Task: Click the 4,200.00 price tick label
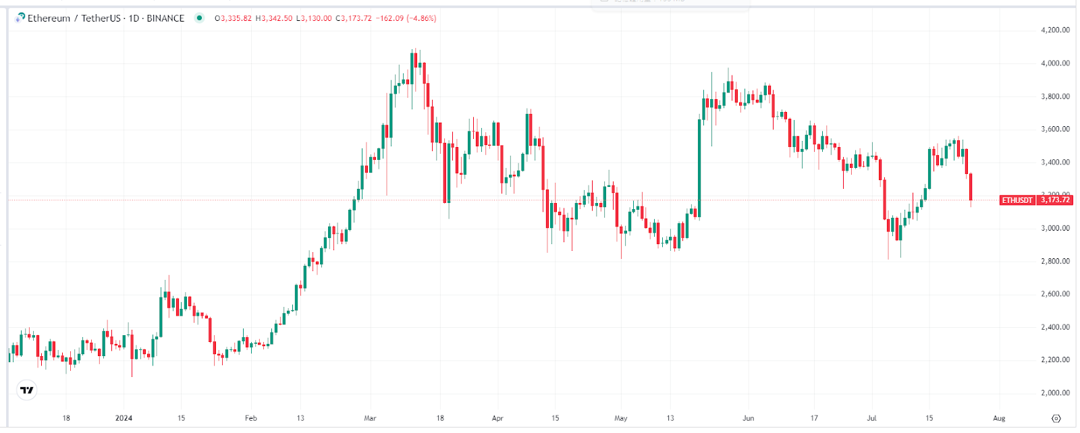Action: pos(1055,30)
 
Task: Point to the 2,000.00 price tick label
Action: pos(1055,393)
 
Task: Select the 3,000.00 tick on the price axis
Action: pos(1055,228)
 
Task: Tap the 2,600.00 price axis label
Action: pos(1055,294)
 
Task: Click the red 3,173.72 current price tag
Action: pos(1055,200)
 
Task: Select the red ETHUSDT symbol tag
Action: pos(1017,200)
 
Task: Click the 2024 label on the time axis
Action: pos(124,418)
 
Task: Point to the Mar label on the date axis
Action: pos(370,418)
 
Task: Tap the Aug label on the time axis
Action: pos(999,418)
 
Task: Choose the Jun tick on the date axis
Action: pos(748,418)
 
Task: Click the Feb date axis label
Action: pos(250,418)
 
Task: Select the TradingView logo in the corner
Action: pos(26,390)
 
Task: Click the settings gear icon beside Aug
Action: pos(1056,418)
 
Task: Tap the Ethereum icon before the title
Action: pos(20,18)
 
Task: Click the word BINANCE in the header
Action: pos(165,18)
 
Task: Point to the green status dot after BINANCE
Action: pos(199,18)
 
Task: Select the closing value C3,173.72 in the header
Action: pos(354,18)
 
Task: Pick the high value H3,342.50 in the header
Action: pos(274,18)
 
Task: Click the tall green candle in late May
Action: pos(699,169)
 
